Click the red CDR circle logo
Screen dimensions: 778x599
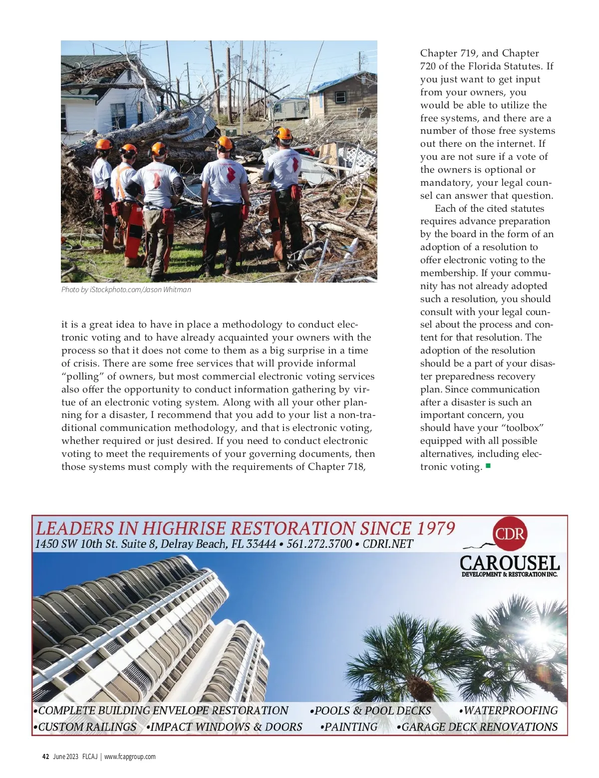coord(510,534)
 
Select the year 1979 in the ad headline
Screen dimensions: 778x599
coord(435,528)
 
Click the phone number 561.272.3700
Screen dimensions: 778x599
coord(319,544)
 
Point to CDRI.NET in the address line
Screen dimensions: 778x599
coord(388,544)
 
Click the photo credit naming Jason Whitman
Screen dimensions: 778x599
coord(126,290)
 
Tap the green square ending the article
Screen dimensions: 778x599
coord(488,466)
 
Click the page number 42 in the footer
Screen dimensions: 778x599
coord(45,757)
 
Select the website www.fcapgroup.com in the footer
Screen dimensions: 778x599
coord(130,757)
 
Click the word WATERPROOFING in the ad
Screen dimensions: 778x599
coord(510,711)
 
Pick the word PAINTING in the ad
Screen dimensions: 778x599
coord(350,727)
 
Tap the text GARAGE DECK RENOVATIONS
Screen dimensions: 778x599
coord(479,727)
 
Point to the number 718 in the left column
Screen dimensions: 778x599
coord(356,467)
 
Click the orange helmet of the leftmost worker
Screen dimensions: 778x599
coord(103,145)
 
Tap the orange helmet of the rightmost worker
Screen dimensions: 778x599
coord(284,133)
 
